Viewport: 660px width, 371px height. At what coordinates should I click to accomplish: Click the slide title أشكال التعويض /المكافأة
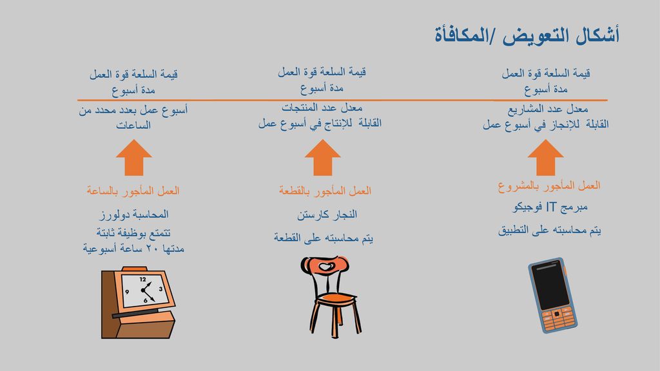coord(527,35)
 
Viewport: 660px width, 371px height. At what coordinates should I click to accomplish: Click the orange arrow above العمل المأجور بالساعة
coord(134,158)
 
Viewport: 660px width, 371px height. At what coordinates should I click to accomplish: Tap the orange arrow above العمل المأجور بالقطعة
coord(322,158)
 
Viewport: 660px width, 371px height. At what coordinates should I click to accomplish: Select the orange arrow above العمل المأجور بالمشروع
coord(545,158)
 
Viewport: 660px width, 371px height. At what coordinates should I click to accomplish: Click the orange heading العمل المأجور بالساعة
coord(133,191)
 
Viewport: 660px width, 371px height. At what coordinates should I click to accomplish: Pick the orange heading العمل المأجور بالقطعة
coord(325,191)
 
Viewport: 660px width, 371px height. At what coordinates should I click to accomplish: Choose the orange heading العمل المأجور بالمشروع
coord(549,186)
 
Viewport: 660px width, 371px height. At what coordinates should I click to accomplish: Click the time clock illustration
coord(138,302)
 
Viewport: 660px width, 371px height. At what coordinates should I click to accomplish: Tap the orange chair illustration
coord(331,297)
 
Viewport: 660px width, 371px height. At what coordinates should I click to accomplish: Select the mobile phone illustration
coord(552,295)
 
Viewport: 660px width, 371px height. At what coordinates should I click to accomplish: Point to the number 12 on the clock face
coord(142,280)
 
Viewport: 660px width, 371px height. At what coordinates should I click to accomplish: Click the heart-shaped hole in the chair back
coord(325,266)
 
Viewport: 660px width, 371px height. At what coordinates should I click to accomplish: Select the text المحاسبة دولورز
coord(134,214)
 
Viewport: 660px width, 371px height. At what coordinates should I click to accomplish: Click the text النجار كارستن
coord(327,214)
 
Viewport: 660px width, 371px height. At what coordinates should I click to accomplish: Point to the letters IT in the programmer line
coord(552,207)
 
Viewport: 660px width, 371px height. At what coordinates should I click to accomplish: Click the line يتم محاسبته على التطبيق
coord(549,230)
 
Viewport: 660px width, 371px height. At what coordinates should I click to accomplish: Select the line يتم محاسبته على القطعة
coord(324,238)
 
